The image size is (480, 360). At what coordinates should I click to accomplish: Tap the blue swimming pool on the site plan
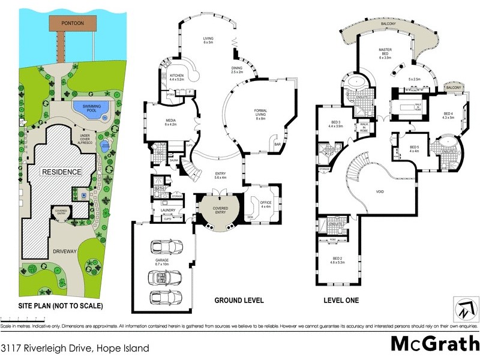92,110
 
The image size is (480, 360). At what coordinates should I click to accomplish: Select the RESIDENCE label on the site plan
61,172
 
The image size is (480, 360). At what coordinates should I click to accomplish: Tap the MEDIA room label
160,122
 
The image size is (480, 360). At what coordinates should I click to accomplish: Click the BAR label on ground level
277,144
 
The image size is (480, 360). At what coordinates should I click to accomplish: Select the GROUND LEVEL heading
239,301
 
